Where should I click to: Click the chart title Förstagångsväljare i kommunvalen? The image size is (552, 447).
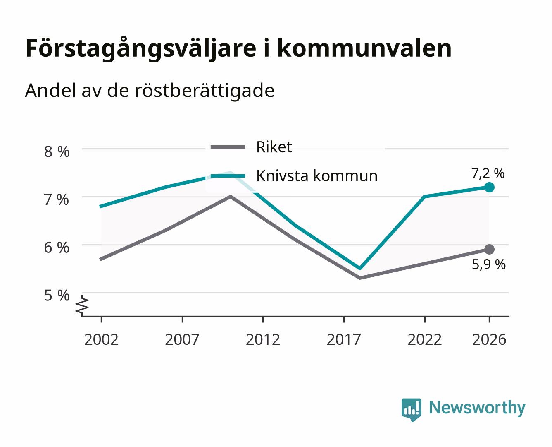pos(238,49)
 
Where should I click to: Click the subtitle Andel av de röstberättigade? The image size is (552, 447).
pos(150,91)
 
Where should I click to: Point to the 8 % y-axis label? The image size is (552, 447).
pos(57,151)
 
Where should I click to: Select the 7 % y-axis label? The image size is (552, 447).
pos(57,199)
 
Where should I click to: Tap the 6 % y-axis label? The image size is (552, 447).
pos(57,248)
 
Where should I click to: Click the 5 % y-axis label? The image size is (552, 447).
pos(57,296)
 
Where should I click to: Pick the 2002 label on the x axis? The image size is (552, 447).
pos(101,339)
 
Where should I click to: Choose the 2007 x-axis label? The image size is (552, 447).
pos(182,339)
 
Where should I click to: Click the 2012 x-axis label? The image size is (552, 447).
pos(263,339)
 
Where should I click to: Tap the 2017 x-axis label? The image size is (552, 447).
pos(344,339)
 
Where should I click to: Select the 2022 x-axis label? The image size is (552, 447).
pos(425,339)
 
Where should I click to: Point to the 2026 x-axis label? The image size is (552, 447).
pos(489,339)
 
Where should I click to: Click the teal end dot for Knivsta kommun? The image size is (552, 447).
pos(489,187)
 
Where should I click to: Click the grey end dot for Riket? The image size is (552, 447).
pos(489,250)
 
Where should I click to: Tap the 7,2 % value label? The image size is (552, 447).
pos(488,173)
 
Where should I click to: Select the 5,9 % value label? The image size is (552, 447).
pos(489,264)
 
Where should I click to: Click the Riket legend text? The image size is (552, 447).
pos(274,147)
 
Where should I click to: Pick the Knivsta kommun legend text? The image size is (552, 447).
pos(317,176)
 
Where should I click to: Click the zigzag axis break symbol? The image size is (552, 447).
pos(82,305)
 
